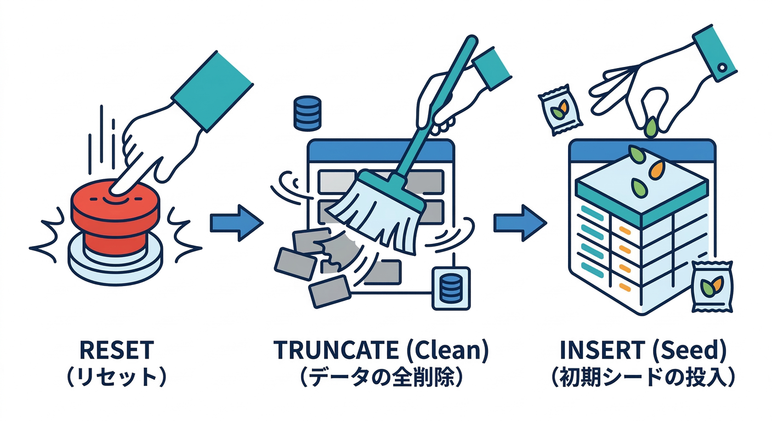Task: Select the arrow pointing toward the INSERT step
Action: [x=520, y=222]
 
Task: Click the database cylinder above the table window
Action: [x=307, y=113]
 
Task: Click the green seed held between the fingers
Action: [x=650, y=127]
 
